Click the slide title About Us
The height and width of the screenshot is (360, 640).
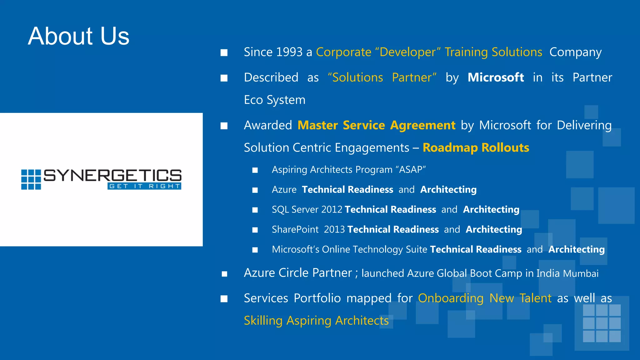tap(78, 36)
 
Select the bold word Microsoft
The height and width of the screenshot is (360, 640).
tap(496, 77)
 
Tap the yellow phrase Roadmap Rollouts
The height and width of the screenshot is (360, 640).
tap(476, 147)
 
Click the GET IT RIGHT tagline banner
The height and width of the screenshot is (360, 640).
tap(144, 186)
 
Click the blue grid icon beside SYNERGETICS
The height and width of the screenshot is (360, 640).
tap(31, 180)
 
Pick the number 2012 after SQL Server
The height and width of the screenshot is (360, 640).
tap(332, 209)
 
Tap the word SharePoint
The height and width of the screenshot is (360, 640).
tap(295, 229)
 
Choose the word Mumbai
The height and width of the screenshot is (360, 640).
tap(581, 273)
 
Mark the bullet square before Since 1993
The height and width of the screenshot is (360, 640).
tap(224, 52)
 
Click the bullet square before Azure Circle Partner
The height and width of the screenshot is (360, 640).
tap(224, 274)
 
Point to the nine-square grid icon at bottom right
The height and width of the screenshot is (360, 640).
tap(602, 323)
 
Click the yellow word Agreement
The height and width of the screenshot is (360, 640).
tap(422, 125)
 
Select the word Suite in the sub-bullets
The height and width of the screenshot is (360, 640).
tap(416, 249)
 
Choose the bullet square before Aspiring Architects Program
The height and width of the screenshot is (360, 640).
tap(255, 170)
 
